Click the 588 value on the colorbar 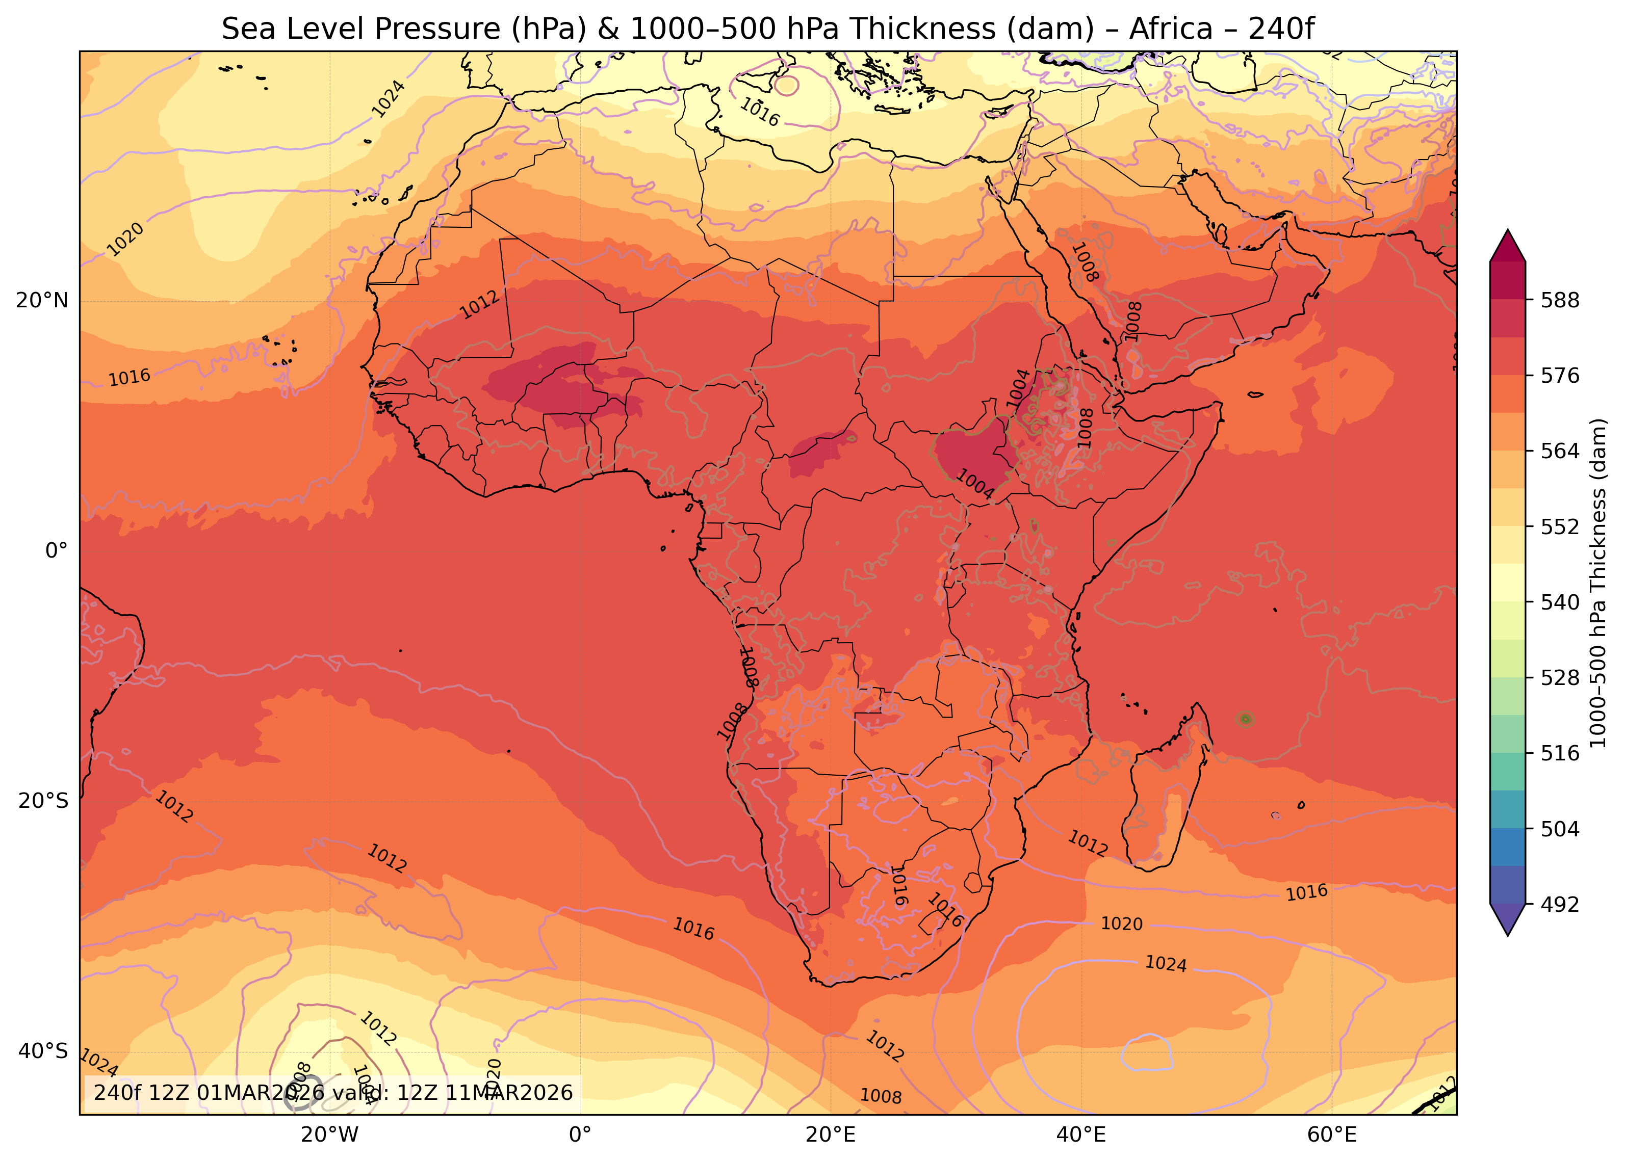coord(1560,300)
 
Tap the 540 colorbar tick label coord(1560,602)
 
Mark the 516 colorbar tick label coord(1560,753)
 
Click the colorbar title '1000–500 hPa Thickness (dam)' coord(1598,583)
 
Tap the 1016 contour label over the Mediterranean coord(760,112)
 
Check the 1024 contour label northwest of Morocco coord(389,99)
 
